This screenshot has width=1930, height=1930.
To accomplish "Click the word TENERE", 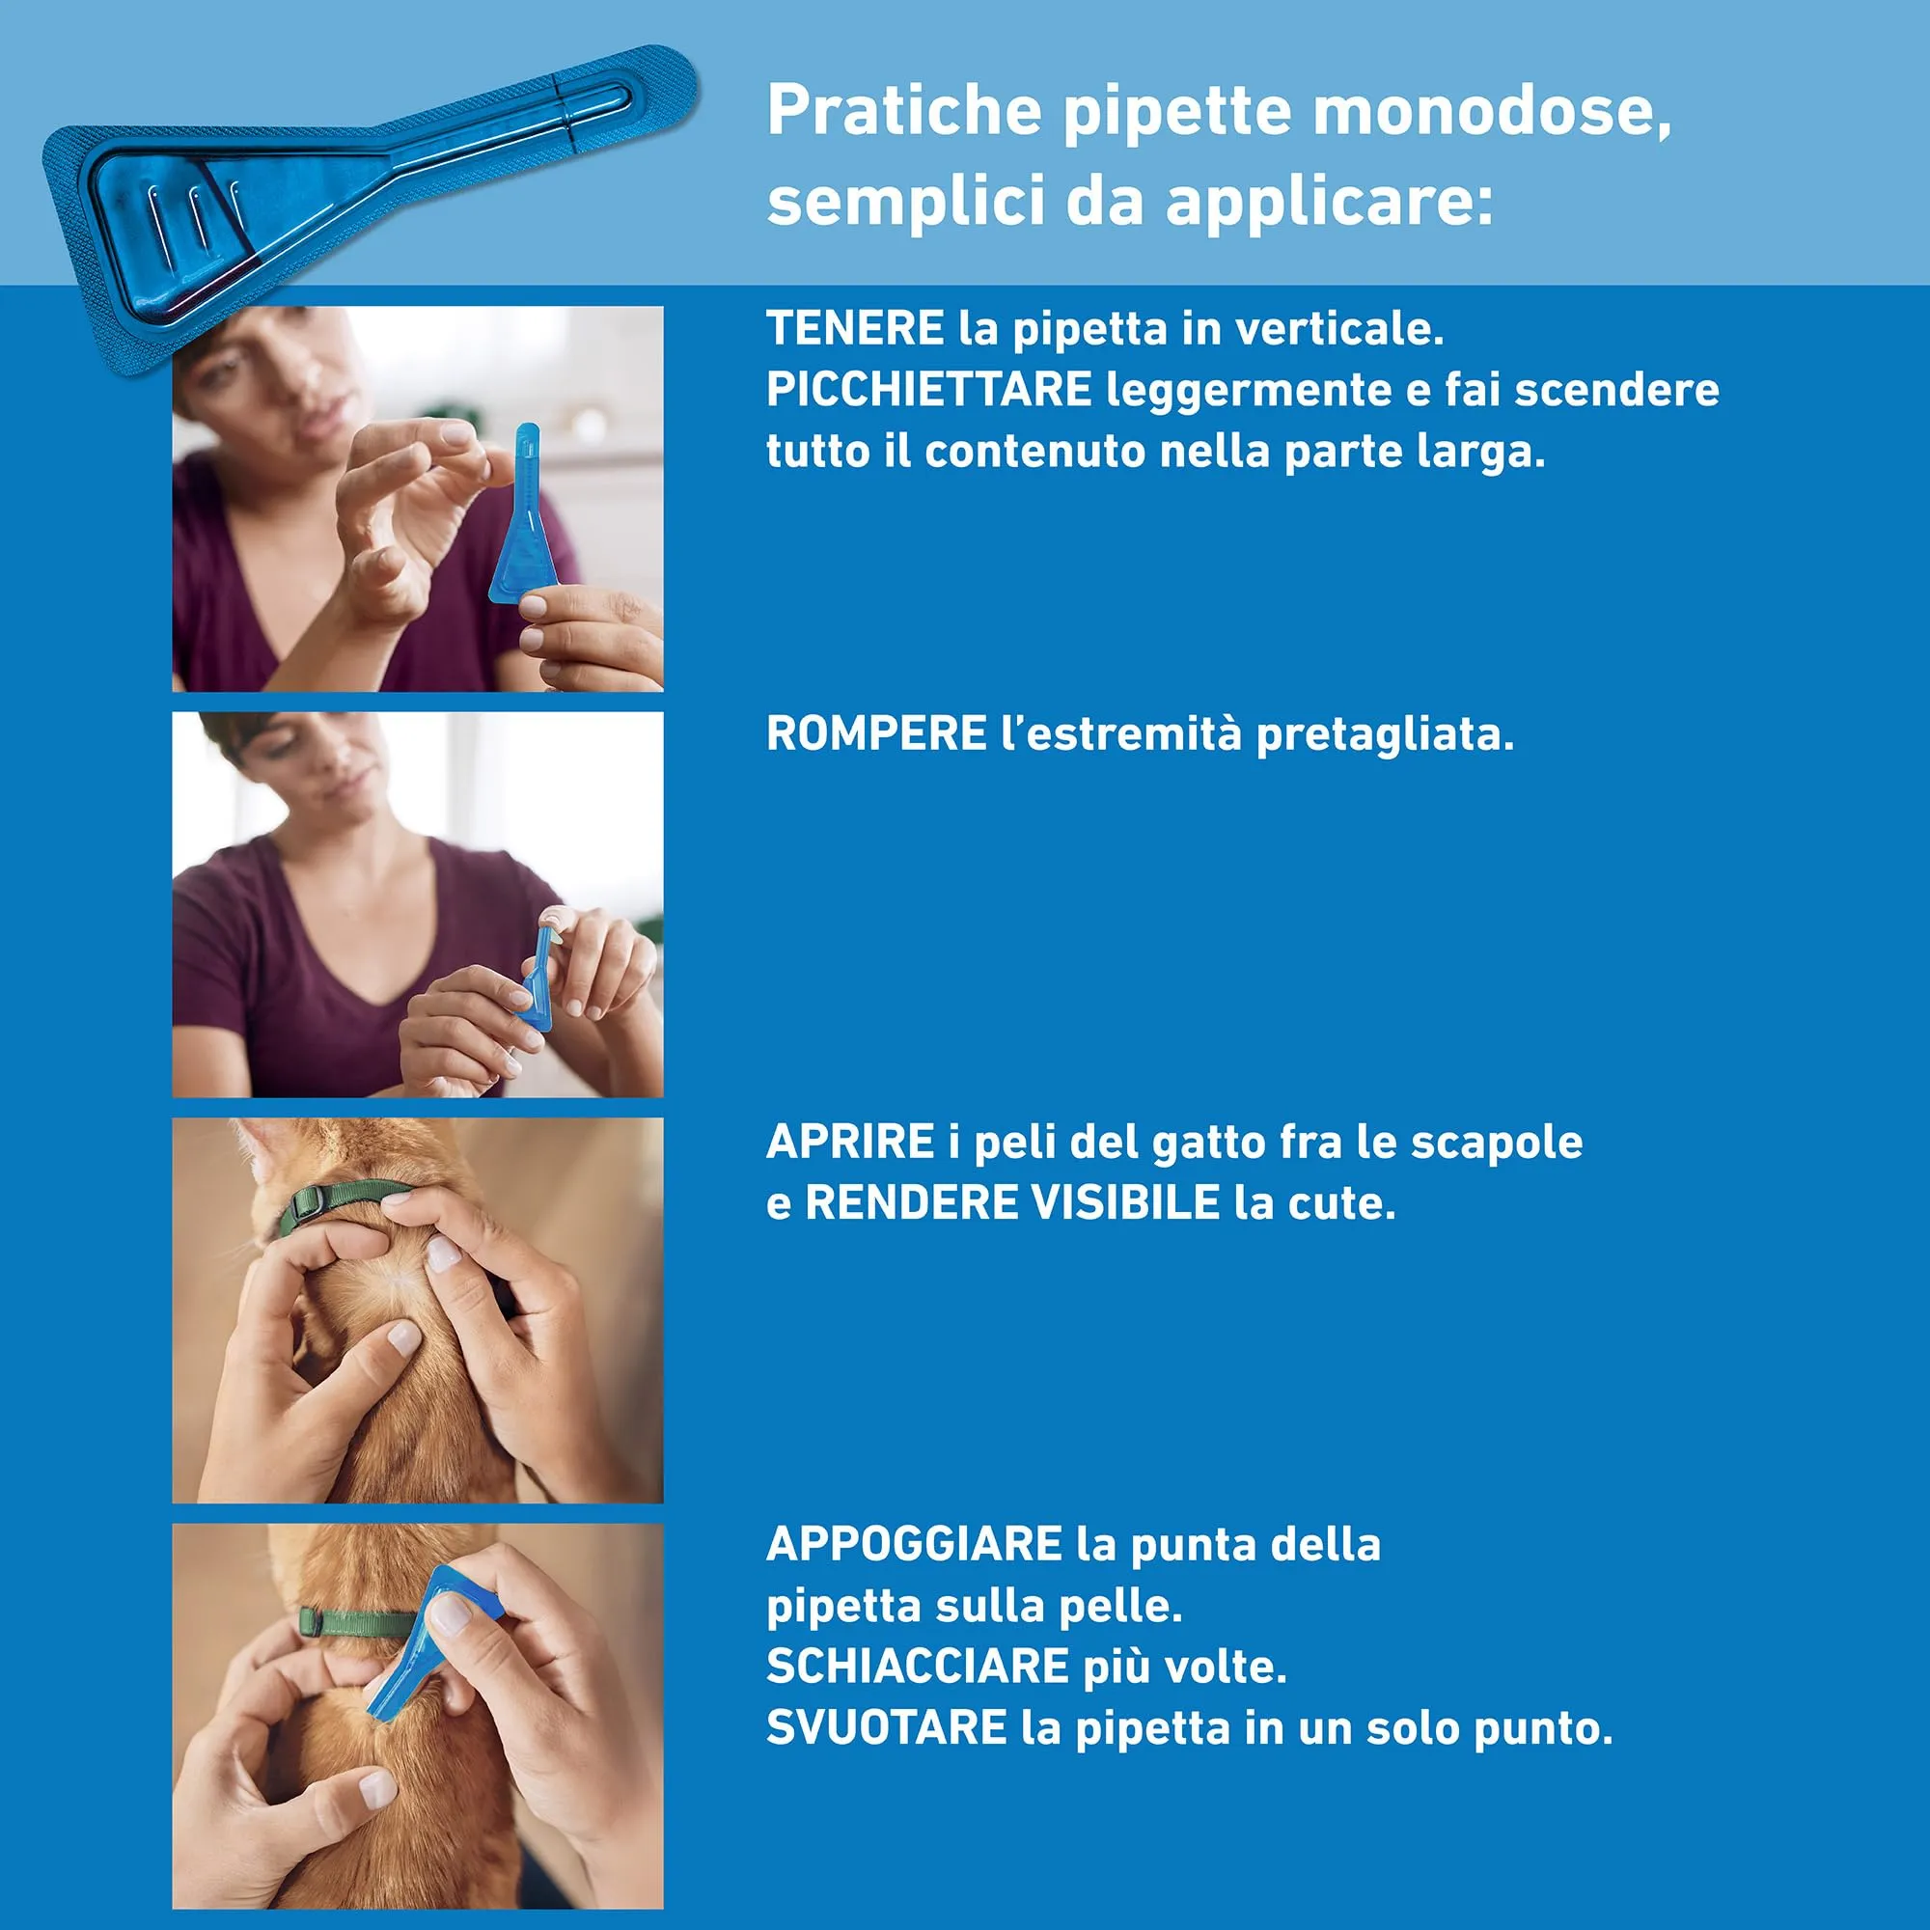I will pyautogui.click(x=854, y=329).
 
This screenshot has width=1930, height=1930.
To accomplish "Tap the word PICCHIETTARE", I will pyautogui.click(x=928, y=390).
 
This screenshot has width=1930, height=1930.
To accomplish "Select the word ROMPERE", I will pyautogui.click(x=876, y=734).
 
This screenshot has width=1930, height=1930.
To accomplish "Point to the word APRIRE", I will pyautogui.click(x=849, y=1142).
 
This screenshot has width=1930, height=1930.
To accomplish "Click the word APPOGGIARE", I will pyautogui.click(x=913, y=1544).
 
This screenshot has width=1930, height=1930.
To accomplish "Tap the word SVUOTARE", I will pyautogui.click(x=886, y=1727).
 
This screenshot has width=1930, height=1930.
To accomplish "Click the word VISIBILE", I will pyautogui.click(x=1125, y=1202).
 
